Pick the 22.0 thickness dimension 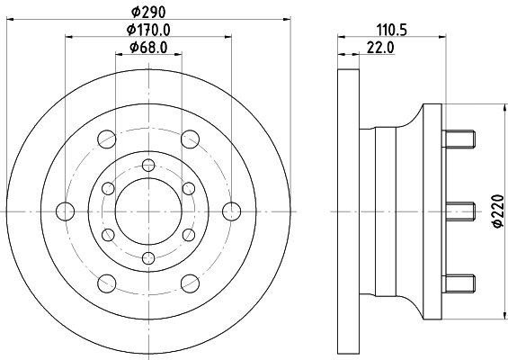(x=382, y=48)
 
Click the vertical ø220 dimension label (x=495, y=211)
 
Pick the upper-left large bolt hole (x=107, y=139)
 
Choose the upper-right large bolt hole (x=191, y=139)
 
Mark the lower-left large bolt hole (x=107, y=283)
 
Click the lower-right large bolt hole (x=191, y=283)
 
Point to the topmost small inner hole (x=148, y=165)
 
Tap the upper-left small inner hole (x=108, y=187)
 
